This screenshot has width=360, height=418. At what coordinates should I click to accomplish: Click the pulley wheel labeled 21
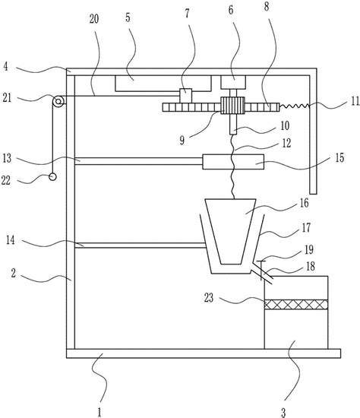click(x=58, y=102)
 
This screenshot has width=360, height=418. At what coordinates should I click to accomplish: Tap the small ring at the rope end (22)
click(x=52, y=177)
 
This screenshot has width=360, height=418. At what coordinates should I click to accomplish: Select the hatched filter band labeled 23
click(x=296, y=305)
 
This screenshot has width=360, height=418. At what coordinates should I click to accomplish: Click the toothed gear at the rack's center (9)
click(x=232, y=106)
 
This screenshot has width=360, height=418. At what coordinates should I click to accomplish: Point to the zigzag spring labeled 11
click(x=295, y=106)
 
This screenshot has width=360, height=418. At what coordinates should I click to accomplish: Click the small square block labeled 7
click(x=186, y=96)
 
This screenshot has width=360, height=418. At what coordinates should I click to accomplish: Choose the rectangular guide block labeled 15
click(x=233, y=162)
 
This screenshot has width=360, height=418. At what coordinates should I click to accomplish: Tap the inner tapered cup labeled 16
click(x=231, y=231)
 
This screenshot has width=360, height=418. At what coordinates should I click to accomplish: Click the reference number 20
click(x=93, y=19)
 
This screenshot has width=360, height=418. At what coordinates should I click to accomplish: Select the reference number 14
click(x=10, y=240)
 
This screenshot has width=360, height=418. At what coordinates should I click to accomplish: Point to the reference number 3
click(x=283, y=413)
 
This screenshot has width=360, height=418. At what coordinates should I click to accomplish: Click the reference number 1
click(x=99, y=412)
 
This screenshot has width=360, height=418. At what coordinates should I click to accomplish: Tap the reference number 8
click(x=267, y=7)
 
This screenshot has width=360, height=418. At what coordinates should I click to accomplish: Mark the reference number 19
click(x=309, y=250)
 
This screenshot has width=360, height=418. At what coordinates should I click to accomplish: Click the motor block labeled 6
click(x=233, y=82)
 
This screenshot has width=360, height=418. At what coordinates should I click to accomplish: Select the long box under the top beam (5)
click(x=163, y=84)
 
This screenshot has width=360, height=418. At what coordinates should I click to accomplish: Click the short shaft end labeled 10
click(x=233, y=124)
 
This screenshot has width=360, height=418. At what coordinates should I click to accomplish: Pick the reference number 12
click(x=286, y=144)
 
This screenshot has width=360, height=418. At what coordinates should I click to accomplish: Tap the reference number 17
click(x=306, y=228)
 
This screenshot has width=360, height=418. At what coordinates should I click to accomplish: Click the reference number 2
click(x=14, y=274)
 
